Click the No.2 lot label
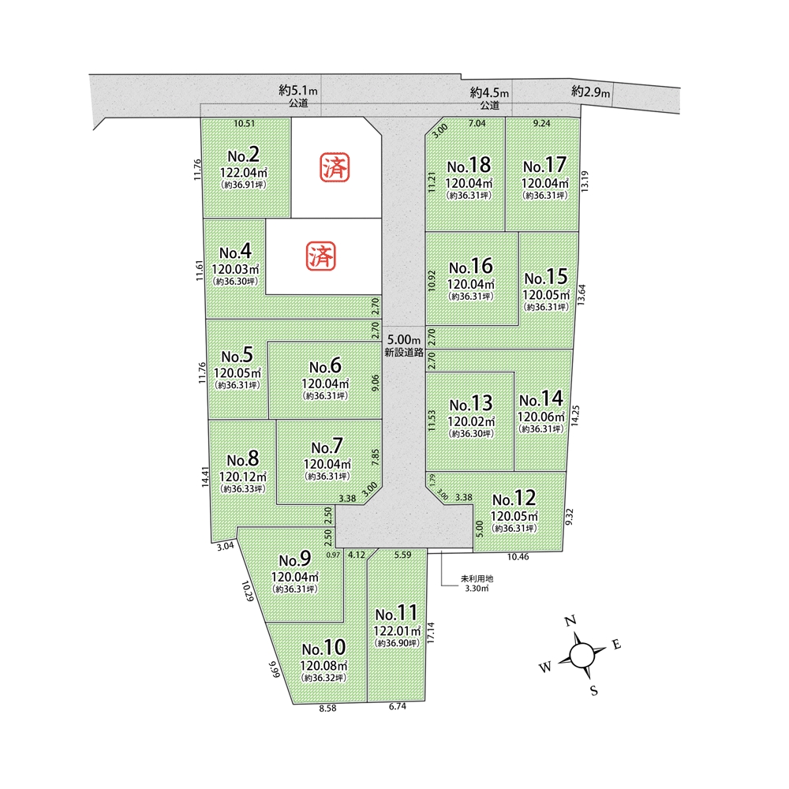coord(244,155)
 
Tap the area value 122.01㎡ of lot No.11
coord(397,630)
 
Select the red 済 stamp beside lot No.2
coord(335,167)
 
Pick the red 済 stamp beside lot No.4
coord(321,256)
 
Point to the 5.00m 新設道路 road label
coord(403,346)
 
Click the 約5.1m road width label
coord(298,91)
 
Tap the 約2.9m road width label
coord(590,92)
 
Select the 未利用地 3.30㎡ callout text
coord(477,583)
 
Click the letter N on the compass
coord(570,621)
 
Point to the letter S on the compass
coord(594,690)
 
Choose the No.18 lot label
coord(469,165)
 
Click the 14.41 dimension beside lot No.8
coord(205,477)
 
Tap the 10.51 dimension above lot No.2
coord(245,123)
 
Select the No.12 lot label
coord(514,498)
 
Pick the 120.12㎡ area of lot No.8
coord(242,477)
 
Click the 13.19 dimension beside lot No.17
coord(584,181)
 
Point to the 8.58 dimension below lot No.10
coord(327,708)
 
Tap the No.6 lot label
coord(325,366)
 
